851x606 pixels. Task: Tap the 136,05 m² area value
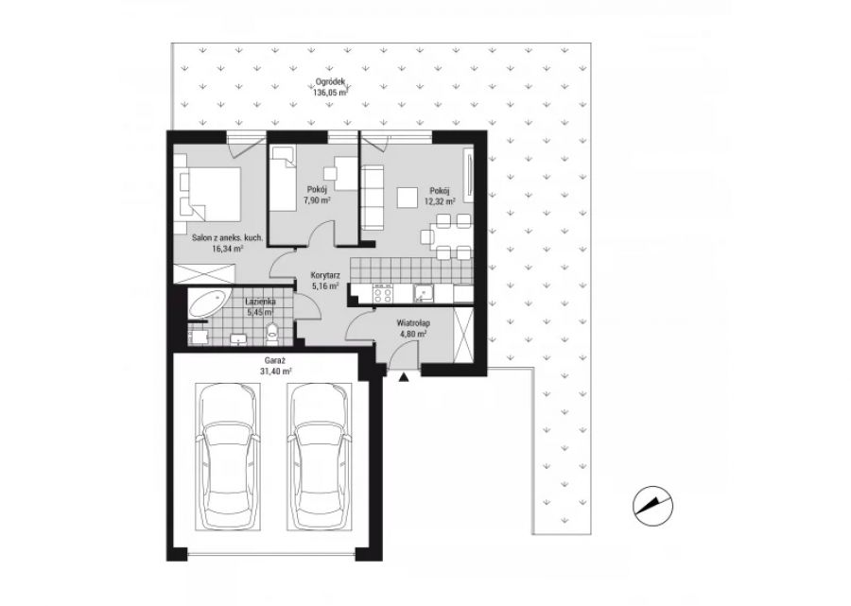[x=330, y=93]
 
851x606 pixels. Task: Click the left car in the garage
[x=228, y=457]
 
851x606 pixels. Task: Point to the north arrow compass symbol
[x=652, y=506]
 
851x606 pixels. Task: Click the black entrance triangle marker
[x=403, y=377]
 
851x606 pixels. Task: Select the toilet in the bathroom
[x=272, y=333]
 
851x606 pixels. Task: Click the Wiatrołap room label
[x=412, y=323]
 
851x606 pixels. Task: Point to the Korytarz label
[x=325, y=274]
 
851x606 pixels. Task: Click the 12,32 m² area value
[x=440, y=200]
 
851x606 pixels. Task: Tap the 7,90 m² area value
[x=317, y=199]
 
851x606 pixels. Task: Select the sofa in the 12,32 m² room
[x=373, y=198]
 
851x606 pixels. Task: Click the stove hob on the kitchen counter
[x=382, y=293]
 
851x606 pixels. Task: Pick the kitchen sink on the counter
[x=424, y=293]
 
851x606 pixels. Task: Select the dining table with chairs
[x=445, y=237]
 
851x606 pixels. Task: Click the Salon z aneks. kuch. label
[x=228, y=237]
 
